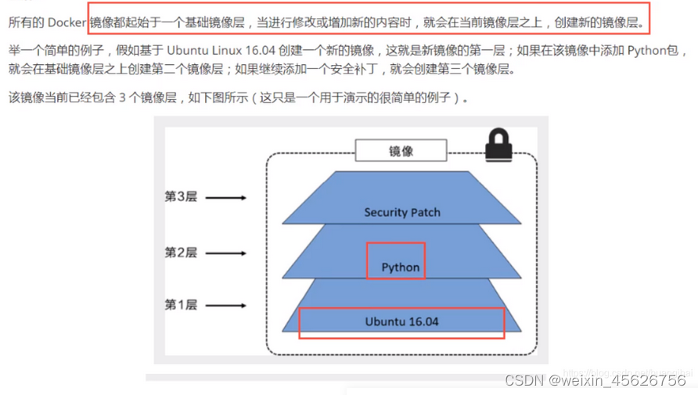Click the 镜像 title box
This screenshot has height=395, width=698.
click(401, 151)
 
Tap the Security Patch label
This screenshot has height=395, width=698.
click(402, 212)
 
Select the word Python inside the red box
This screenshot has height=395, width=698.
click(401, 267)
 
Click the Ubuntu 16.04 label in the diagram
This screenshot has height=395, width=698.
click(401, 321)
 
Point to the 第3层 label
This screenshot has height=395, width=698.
click(180, 197)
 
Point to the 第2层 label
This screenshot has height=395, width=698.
click(180, 252)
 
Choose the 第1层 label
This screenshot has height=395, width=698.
click(180, 305)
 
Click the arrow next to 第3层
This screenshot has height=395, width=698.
click(228, 198)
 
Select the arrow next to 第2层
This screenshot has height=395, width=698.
click(228, 253)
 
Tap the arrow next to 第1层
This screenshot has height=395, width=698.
click(228, 306)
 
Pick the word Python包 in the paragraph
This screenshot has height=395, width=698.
click(658, 52)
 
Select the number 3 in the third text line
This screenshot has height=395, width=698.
click(123, 99)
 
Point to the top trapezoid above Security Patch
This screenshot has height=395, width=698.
click(402, 188)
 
